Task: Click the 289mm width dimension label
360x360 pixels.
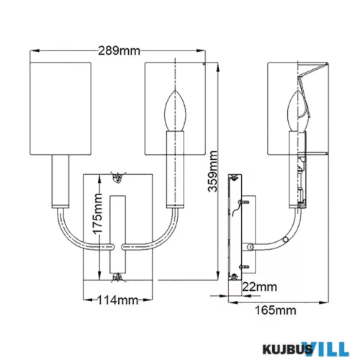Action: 119,51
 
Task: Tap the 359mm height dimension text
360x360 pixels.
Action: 212,171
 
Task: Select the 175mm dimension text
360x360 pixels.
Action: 98,214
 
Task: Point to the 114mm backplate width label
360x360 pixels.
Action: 117,300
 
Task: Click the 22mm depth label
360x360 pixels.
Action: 259,287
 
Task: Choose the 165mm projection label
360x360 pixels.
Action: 275,310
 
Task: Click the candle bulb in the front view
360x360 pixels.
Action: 175,111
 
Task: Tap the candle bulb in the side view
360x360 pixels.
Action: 297,111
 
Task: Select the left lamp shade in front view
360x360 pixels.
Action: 60,109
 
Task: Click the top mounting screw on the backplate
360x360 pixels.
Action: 118,177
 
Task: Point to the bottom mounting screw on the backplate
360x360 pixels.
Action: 118,277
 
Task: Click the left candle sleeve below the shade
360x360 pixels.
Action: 60,181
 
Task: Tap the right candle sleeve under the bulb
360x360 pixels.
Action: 175,169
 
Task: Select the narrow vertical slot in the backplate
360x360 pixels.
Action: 117,235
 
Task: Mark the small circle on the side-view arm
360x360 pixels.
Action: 285,240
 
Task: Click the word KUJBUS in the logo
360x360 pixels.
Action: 287,349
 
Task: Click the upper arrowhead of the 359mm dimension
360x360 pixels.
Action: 217,67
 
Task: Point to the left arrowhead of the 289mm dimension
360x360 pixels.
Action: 35,50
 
